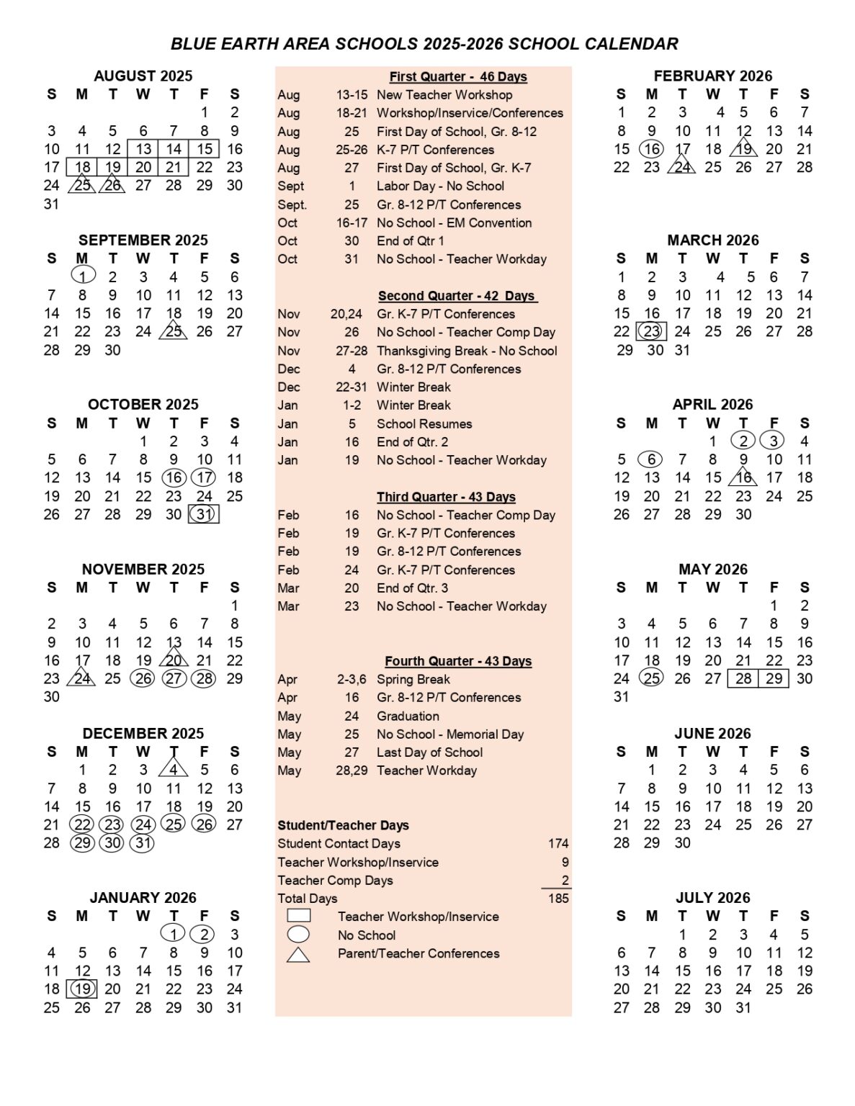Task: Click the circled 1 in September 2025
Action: click(x=83, y=276)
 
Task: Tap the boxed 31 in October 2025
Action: click(x=204, y=514)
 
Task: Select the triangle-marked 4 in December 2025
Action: click(x=174, y=770)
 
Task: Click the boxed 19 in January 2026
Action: click(x=83, y=989)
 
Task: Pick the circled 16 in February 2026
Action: click(x=652, y=149)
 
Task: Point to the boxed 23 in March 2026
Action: click(x=652, y=331)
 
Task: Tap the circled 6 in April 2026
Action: click(x=652, y=459)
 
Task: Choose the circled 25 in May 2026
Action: click(x=652, y=678)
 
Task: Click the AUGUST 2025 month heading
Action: click(x=143, y=76)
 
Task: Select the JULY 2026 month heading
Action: click(x=712, y=897)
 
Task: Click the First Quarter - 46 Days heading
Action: click(x=458, y=76)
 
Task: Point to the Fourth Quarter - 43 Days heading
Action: click(x=458, y=661)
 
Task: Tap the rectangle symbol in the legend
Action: click(x=299, y=916)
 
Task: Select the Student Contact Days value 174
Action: click(x=558, y=843)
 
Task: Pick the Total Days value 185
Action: click(x=558, y=898)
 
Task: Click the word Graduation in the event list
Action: click(x=408, y=716)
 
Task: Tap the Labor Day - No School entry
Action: click(x=440, y=186)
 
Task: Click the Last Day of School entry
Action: click(x=429, y=752)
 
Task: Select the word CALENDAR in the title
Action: click(x=631, y=44)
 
